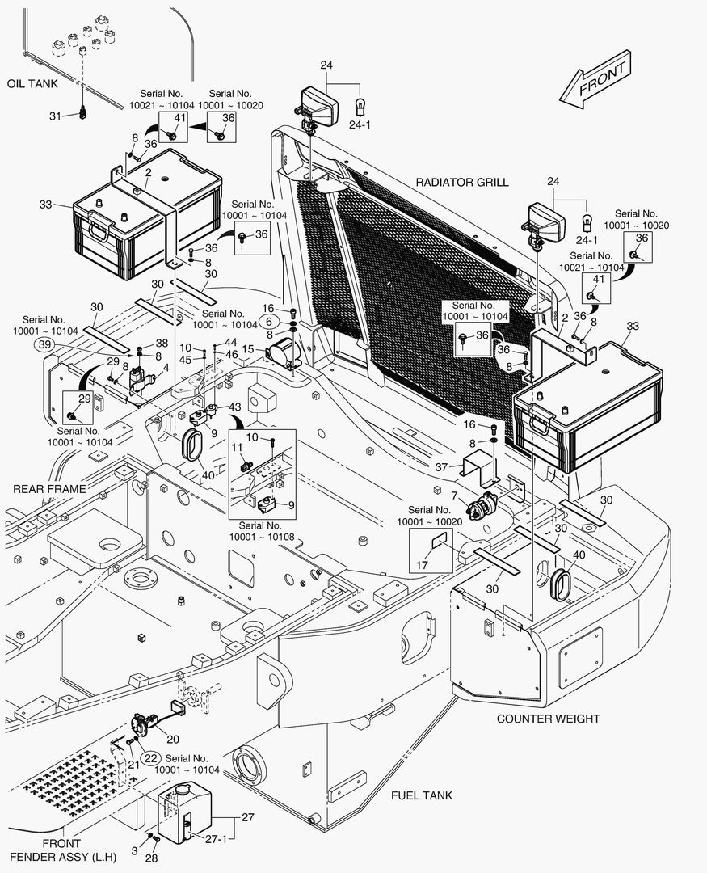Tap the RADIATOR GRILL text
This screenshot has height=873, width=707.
(462, 182)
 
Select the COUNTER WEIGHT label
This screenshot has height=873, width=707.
(548, 719)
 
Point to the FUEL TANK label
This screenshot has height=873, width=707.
(422, 795)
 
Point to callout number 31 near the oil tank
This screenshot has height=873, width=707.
(55, 116)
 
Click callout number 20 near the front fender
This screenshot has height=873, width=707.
(173, 738)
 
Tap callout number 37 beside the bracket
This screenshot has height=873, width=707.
(441, 467)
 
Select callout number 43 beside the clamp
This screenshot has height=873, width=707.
(235, 406)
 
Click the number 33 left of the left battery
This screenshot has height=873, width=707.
(45, 205)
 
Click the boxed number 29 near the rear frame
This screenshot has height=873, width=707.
(84, 400)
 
